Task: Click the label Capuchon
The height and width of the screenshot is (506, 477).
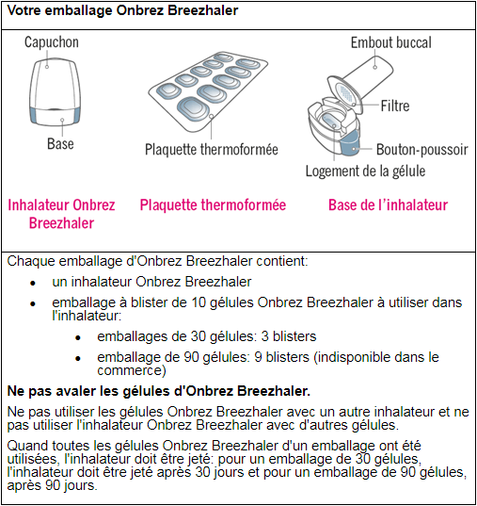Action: click(x=52, y=42)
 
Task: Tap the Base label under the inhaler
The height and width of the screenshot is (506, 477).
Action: click(x=60, y=143)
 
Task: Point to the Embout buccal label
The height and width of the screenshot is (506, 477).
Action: click(x=391, y=42)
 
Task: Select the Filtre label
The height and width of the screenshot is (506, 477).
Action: click(x=395, y=106)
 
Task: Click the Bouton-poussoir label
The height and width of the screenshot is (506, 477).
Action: click(x=422, y=150)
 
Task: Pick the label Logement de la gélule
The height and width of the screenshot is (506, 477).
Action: click(x=365, y=171)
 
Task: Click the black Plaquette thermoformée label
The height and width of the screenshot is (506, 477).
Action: click(x=212, y=150)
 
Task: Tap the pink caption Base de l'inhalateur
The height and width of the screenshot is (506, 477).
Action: click(x=388, y=204)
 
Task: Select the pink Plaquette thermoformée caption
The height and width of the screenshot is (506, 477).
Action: click(x=213, y=204)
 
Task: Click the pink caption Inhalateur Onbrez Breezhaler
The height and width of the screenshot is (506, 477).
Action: click(x=61, y=214)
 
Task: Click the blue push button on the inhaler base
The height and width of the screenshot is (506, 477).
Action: click(x=350, y=143)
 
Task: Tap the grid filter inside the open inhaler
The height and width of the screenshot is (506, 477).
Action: click(x=346, y=93)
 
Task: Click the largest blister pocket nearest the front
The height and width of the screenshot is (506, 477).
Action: click(x=194, y=108)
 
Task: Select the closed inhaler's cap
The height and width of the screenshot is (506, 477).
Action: click(x=55, y=84)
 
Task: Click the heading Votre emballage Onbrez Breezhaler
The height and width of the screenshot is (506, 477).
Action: click(x=123, y=10)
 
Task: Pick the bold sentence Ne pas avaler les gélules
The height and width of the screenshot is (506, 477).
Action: click(x=159, y=391)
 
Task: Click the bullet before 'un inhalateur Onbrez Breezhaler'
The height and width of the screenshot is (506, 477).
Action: click(x=33, y=283)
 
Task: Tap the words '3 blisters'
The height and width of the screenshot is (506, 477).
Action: click(x=289, y=336)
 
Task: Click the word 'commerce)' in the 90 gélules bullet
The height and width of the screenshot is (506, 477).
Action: click(x=132, y=370)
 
